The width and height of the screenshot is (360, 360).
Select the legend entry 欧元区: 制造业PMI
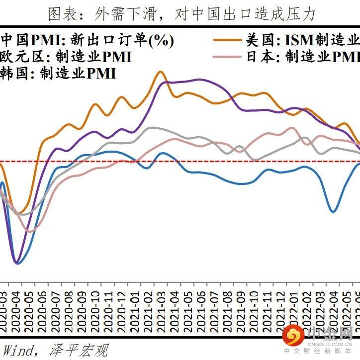pyautogui.click(x=66, y=57)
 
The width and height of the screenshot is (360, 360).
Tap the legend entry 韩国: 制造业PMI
pyautogui.click(x=58, y=74)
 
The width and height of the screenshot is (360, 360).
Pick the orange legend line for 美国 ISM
pyautogui.click(x=227, y=39)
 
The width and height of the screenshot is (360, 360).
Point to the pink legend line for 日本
pyautogui.click(x=227, y=56)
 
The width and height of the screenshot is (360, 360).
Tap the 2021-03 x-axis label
pyautogui.click(x=161, y=306)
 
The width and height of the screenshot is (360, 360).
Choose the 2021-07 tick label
pyautogui.click(x=213, y=306)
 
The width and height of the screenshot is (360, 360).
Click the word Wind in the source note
pyautogui.click(x=15, y=350)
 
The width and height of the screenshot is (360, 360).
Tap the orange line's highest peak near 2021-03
pyautogui.click(x=160, y=72)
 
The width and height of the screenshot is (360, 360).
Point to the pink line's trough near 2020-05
pyautogui.click(x=30, y=232)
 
